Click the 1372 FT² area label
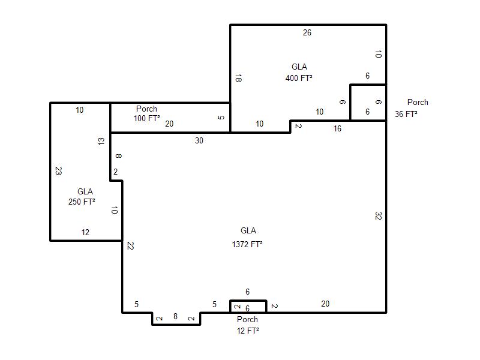tap(247, 244)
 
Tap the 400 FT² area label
tap(299, 78)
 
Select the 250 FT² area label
tap(82, 202)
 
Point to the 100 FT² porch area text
tap(146, 118)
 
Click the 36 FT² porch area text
tap(406, 114)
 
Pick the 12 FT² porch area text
tap(248, 331)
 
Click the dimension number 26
tap(307, 32)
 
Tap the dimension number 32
tap(379, 216)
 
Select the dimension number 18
tap(238, 79)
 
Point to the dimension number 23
tap(58, 170)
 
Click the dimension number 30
tap(199, 140)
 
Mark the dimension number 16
tap(337, 128)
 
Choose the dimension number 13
tap(101, 142)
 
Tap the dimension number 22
tap(130, 245)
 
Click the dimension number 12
tap(85, 232)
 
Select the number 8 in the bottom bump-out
tap(175, 316)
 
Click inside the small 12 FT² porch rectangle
tap(248, 307)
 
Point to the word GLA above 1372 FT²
tap(248, 230)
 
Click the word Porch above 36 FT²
tap(418, 102)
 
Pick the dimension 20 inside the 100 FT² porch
tap(169, 124)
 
